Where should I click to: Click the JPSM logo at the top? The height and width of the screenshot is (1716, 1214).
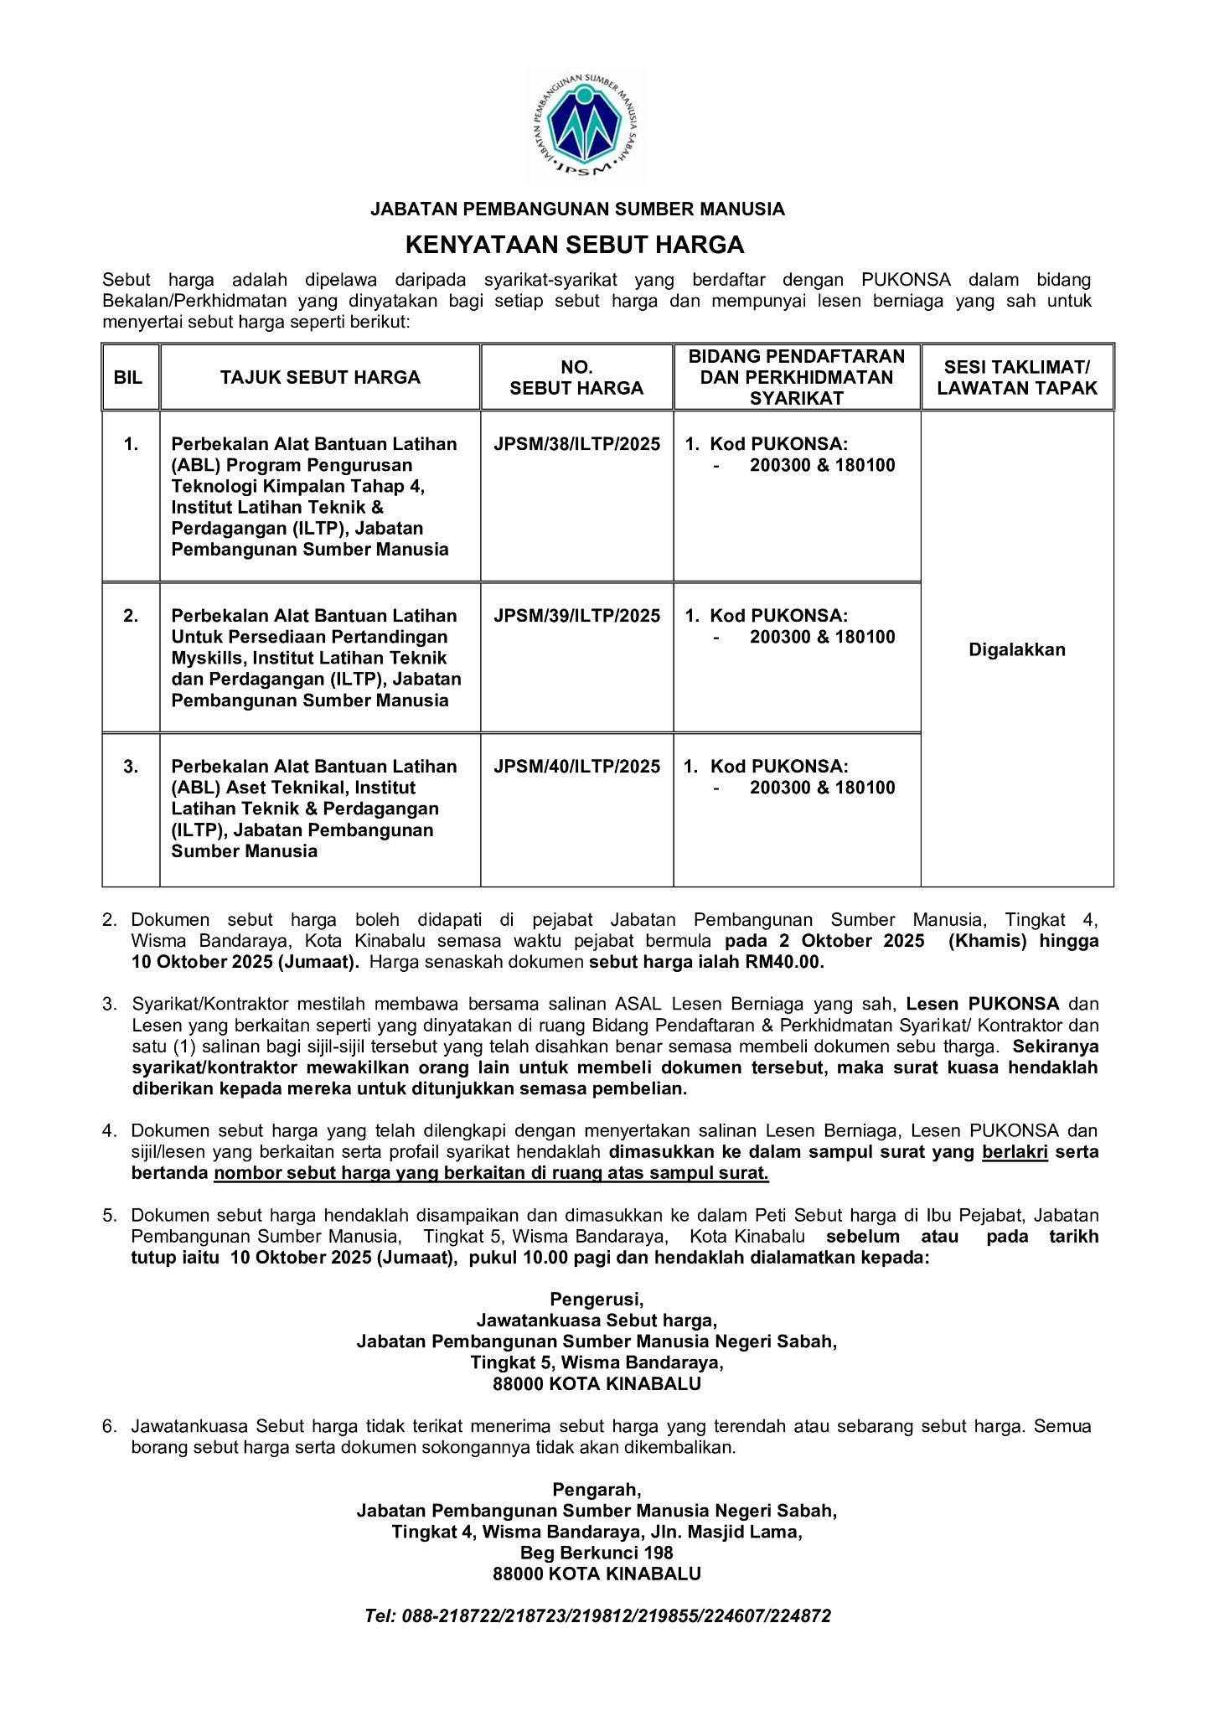[x=584, y=126]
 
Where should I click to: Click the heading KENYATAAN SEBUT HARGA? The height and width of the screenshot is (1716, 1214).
[x=575, y=245]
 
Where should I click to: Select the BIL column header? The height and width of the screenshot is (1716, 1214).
[x=130, y=377]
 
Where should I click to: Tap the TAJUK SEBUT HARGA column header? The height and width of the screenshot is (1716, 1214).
[x=320, y=377]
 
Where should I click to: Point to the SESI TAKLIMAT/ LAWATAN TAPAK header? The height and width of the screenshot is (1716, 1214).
[x=1016, y=377]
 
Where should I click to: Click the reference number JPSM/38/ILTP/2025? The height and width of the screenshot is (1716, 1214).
[x=576, y=444]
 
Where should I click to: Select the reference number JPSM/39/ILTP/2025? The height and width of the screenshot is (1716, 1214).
[x=576, y=616]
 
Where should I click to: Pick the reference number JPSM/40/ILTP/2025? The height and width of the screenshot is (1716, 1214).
[x=576, y=767]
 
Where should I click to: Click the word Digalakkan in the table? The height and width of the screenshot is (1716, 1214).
[x=1016, y=649]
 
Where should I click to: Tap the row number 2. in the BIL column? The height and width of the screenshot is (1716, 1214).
[x=131, y=616]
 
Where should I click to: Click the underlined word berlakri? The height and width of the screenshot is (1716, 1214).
[x=1015, y=1152]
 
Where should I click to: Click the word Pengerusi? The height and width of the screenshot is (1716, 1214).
[x=597, y=1300]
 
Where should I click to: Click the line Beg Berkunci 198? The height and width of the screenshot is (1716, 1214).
[x=597, y=1553]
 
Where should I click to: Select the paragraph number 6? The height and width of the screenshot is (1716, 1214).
[x=109, y=1426]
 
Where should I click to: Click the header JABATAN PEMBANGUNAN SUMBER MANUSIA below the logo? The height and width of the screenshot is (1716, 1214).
[x=577, y=209]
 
